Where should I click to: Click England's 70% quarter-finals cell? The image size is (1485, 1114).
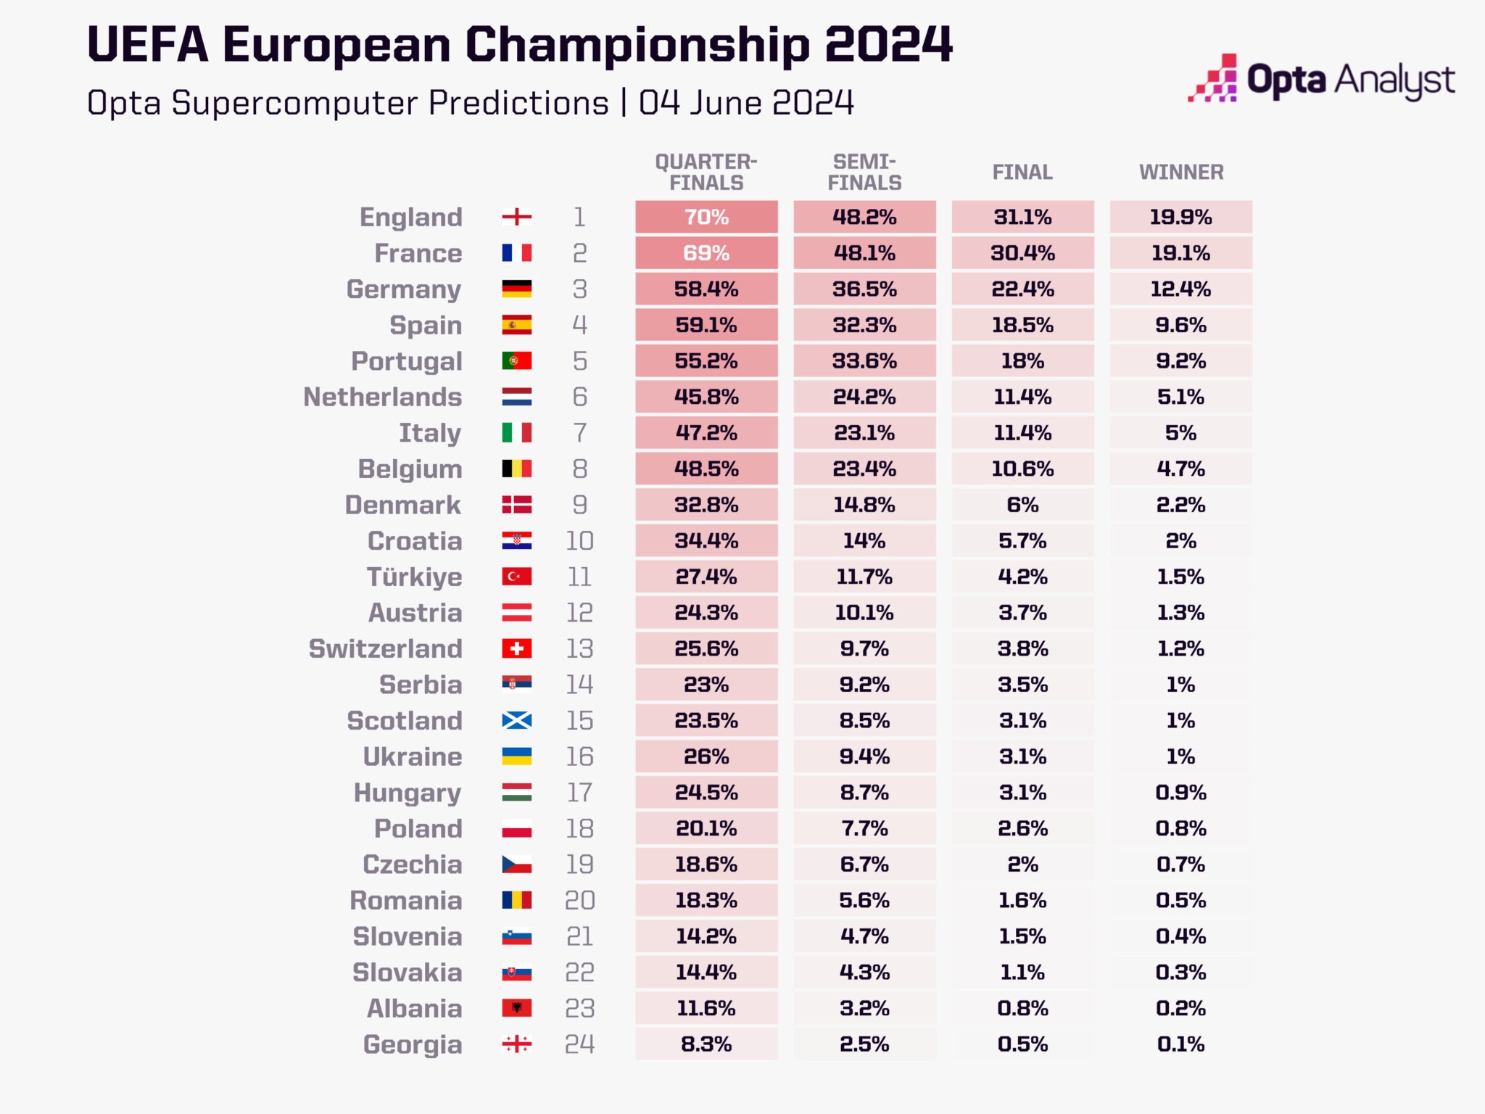click(x=706, y=217)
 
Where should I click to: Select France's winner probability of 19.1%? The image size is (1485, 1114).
click(x=1180, y=253)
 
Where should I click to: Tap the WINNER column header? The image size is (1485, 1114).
click(x=1180, y=173)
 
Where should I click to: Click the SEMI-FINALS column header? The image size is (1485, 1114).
click(x=864, y=173)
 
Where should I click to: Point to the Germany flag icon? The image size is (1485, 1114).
click(x=516, y=289)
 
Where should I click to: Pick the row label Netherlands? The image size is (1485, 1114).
click(x=382, y=397)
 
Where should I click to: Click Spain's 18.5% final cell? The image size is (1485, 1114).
click(x=1022, y=325)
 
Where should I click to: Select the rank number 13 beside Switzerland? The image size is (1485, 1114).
click(x=579, y=648)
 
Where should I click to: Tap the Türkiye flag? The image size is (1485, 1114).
click(x=516, y=577)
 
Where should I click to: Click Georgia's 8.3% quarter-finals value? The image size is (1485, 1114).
click(x=706, y=1044)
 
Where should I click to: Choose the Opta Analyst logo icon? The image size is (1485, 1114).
click(x=1212, y=78)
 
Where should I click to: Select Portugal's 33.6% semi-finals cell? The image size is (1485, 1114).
click(x=864, y=360)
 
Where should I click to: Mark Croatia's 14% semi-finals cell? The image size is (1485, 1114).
click(x=864, y=540)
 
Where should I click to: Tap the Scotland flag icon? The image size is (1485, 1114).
click(x=516, y=720)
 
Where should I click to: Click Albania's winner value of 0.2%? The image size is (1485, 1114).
click(x=1180, y=1008)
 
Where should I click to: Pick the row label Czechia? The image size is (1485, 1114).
click(x=412, y=865)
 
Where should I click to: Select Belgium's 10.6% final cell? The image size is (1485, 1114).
click(x=1022, y=469)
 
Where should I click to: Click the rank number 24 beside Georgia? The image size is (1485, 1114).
click(x=579, y=1044)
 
